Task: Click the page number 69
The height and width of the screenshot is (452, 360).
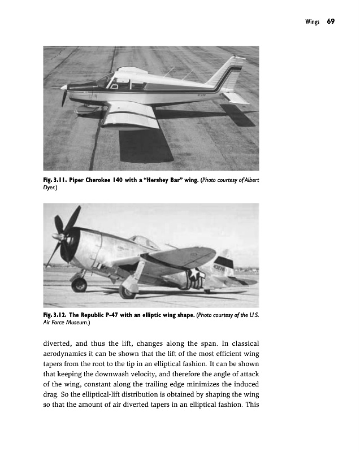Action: click(331, 21)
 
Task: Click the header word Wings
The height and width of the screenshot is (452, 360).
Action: click(311, 21)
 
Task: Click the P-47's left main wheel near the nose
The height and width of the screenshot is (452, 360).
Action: click(79, 284)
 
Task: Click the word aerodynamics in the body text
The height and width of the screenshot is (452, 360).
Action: click(69, 353)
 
